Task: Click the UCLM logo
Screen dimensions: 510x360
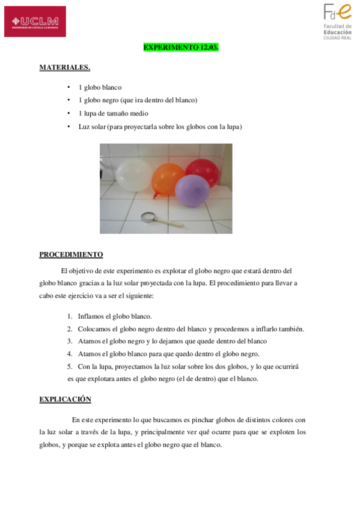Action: coord(35,22)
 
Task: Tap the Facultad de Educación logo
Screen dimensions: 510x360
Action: coord(338,21)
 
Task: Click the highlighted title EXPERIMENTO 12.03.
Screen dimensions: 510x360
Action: coord(180,47)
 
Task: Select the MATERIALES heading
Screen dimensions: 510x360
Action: coord(65,67)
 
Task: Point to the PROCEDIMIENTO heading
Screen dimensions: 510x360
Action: coord(71,254)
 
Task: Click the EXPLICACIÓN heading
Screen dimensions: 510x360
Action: coord(65,399)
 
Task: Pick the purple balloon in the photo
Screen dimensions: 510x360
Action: coord(192,191)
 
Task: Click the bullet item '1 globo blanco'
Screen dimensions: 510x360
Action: coord(100,87)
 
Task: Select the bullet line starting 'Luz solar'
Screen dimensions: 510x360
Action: coord(160,127)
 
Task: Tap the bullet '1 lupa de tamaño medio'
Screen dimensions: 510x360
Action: coord(113,114)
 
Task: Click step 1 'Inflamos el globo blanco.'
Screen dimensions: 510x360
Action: coord(114,316)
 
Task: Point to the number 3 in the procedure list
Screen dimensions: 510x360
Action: coord(70,341)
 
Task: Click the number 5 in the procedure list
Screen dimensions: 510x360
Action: coord(70,366)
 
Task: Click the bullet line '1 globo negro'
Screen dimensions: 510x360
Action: coord(138,100)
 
